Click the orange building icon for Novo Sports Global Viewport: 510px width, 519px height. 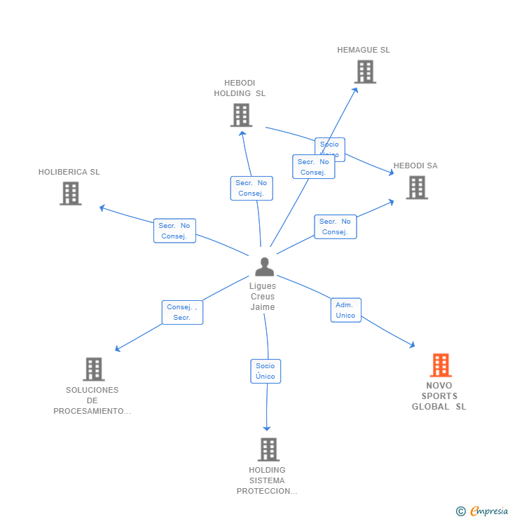(441, 365)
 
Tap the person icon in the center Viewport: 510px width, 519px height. (265, 267)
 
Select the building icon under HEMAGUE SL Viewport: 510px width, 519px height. (365, 72)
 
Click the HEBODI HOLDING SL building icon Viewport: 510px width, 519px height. (241, 115)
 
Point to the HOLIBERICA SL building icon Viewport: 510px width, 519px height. (71, 194)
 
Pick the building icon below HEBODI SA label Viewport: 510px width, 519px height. (417, 187)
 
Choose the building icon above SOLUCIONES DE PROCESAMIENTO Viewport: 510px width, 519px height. (93, 369)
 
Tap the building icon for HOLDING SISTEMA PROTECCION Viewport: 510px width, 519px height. (268, 450)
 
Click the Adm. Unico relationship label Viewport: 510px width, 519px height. (346, 310)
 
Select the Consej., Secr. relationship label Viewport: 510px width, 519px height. (182, 312)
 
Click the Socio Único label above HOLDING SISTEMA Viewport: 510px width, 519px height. (266, 371)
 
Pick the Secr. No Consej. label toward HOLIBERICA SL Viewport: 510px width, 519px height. (174, 231)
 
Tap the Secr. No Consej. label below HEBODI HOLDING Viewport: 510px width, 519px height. (251, 188)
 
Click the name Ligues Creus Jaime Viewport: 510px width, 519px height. (263, 297)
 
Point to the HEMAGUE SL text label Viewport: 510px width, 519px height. (364, 50)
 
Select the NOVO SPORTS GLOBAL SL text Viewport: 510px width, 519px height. (439, 396)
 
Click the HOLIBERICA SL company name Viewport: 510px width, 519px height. (69, 172)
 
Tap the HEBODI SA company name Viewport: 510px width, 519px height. (415, 166)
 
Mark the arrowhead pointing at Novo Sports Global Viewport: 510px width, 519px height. (413, 344)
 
